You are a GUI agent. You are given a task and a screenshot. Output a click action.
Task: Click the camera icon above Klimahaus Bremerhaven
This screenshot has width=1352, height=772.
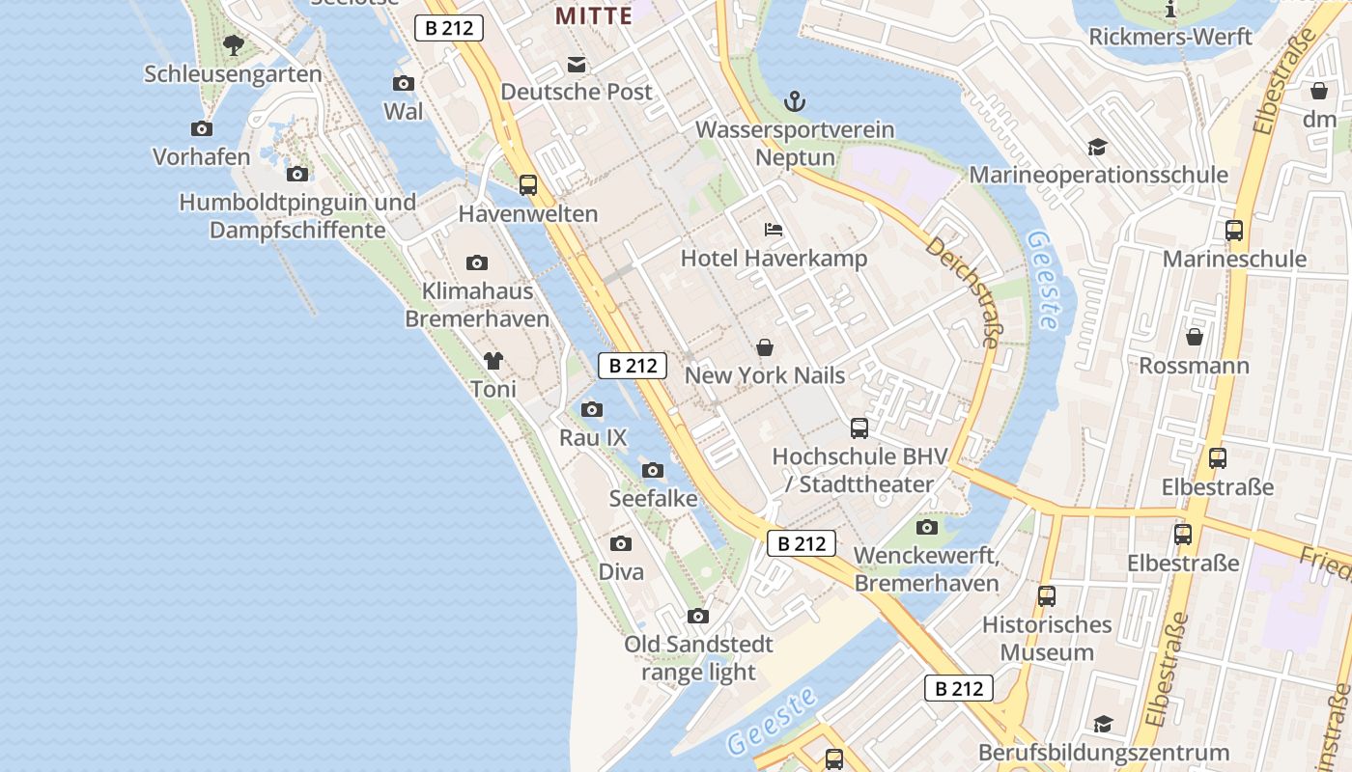[476, 262]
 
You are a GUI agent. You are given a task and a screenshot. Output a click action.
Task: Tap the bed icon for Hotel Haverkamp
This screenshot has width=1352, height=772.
[773, 230]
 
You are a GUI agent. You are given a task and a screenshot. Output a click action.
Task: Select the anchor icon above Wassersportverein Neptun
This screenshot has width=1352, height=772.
[795, 100]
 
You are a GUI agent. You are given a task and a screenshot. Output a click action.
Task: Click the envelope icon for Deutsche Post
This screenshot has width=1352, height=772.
[577, 65]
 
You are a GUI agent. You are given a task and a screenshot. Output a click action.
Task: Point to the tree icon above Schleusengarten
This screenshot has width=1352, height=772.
[233, 44]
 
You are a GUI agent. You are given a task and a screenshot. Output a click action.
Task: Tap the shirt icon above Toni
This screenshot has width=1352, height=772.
[493, 361]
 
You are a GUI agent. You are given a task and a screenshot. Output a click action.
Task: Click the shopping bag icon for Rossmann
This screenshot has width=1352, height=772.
[1195, 337]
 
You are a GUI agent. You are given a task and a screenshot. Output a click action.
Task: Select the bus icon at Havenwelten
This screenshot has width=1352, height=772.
[527, 184]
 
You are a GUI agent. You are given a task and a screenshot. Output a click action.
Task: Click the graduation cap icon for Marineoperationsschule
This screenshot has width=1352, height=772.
[1097, 147]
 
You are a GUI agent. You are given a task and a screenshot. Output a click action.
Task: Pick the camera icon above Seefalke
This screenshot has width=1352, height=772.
[653, 470]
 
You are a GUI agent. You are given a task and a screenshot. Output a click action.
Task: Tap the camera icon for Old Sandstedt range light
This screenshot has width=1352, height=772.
[697, 616]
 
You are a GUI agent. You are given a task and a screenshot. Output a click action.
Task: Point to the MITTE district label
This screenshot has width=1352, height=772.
[593, 15]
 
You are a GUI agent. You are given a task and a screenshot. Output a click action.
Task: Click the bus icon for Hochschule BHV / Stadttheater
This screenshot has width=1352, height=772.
[859, 427]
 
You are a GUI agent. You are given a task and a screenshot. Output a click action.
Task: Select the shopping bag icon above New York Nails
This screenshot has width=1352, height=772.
[765, 346]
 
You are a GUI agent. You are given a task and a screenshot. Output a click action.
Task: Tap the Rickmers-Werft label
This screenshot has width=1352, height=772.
[1170, 37]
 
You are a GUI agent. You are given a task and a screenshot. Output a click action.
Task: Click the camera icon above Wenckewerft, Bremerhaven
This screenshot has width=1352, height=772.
[926, 527]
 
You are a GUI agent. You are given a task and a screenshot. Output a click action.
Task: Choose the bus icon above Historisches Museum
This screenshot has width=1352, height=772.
[1046, 595]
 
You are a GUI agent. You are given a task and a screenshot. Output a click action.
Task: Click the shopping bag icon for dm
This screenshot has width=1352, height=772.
[1319, 91]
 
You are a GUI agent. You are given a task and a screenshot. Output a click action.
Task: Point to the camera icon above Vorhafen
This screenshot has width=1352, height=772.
[201, 128]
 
